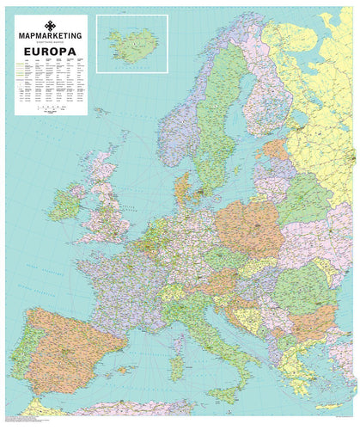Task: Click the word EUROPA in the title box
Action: click(51, 52)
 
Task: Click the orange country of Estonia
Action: click(275, 151)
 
